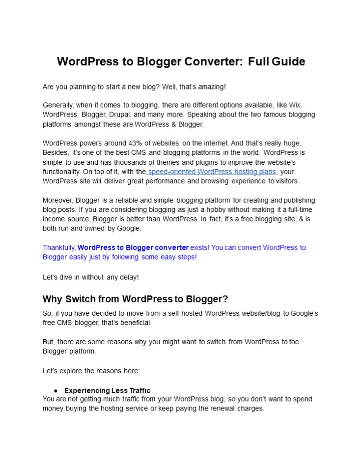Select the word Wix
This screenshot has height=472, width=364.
pos(308,105)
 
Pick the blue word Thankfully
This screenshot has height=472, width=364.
pos(59,247)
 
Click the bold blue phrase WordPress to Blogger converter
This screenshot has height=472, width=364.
pos(133,247)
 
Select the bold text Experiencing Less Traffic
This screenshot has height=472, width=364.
pos(107,391)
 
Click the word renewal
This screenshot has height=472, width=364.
pos(212,409)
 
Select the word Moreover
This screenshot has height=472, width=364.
pos(58,200)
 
